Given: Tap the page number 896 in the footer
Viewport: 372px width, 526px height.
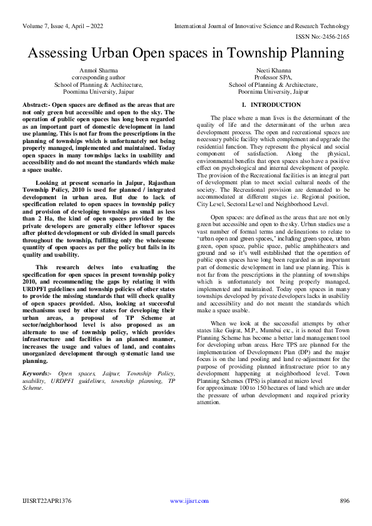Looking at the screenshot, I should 344,501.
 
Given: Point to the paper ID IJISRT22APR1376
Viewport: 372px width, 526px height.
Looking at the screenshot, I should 47,501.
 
